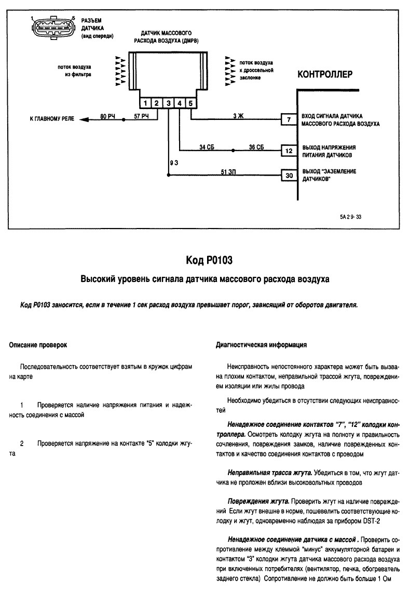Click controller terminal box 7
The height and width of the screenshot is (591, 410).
[x=288, y=120]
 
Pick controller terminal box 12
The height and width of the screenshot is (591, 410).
[x=288, y=151]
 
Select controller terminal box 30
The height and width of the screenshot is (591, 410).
[x=288, y=176]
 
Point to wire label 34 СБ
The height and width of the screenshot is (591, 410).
[x=207, y=147]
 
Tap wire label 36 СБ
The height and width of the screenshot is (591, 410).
[x=256, y=147]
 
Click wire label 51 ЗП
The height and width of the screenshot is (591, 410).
[x=228, y=172]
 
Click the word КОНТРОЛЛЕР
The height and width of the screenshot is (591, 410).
[x=324, y=74]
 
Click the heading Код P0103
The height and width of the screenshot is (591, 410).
[x=204, y=260]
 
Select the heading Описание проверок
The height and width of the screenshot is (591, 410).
[x=39, y=345]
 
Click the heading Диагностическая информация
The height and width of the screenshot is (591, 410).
[x=261, y=345]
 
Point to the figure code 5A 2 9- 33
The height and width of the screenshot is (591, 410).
[x=350, y=218]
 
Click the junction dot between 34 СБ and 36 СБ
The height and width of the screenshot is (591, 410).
[x=233, y=151]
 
